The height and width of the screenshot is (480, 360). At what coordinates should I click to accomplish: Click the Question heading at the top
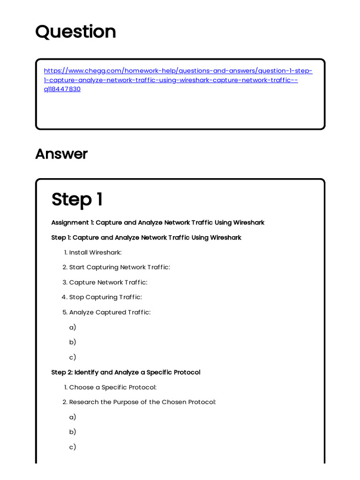tap(75, 32)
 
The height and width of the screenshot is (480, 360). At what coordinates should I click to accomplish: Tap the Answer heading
tap(61, 154)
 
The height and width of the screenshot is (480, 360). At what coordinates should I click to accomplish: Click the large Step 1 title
tap(77, 199)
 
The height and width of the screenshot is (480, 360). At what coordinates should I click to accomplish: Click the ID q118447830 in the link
tap(62, 89)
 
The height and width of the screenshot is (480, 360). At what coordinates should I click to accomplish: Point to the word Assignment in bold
tap(70, 222)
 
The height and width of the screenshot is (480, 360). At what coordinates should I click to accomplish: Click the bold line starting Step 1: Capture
tap(146, 238)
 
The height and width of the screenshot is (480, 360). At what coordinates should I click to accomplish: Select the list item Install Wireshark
tap(95, 253)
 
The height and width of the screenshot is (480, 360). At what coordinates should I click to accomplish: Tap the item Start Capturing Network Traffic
tap(120, 267)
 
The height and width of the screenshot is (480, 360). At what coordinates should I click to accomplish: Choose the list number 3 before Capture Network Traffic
tap(65, 282)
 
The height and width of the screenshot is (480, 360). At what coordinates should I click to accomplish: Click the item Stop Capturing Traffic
tap(105, 297)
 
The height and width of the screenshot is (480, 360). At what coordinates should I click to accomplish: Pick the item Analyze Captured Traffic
tap(110, 312)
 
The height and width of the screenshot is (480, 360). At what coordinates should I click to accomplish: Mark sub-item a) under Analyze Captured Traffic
tap(73, 327)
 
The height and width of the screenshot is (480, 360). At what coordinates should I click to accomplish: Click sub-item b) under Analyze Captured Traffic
tap(73, 342)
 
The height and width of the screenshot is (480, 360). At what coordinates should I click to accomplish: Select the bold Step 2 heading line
tap(126, 372)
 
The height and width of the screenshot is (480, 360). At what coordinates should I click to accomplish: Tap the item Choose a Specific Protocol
tap(112, 387)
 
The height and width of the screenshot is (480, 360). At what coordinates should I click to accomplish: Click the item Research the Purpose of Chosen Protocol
tap(142, 402)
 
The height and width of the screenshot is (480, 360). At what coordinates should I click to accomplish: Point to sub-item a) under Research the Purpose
tap(73, 417)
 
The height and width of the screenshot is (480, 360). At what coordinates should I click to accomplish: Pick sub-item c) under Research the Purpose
tap(73, 447)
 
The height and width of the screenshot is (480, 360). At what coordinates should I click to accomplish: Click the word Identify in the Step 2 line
tap(86, 372)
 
